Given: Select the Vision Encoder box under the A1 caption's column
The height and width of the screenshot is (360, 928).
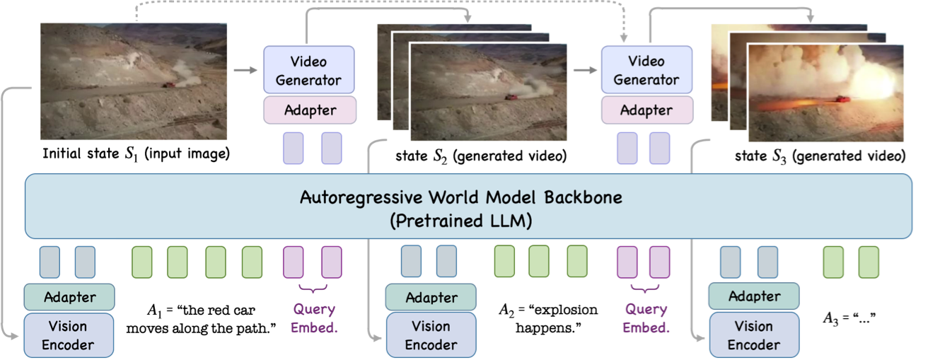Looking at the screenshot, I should (68, 336).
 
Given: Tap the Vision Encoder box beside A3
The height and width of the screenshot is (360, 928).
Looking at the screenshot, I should (754, 336).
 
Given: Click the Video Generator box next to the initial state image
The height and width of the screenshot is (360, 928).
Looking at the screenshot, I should (309, 69).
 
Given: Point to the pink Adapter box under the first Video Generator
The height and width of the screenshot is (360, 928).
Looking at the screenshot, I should (309, 110).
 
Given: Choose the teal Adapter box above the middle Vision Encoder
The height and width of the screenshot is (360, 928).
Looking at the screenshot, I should (431, 296).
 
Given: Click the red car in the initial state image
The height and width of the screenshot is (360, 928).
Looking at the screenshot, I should (170, 85).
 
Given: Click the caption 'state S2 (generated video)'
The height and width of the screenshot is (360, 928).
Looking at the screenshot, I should (482, 156).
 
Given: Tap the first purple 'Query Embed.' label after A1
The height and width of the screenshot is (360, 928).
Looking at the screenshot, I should (313, 318).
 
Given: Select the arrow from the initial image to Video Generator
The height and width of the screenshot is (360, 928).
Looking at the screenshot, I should (245, 70).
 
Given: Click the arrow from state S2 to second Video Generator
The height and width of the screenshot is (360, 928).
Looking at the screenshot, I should (584, 70).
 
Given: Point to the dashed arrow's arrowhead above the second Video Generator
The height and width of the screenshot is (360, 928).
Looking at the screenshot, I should (623, 40).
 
